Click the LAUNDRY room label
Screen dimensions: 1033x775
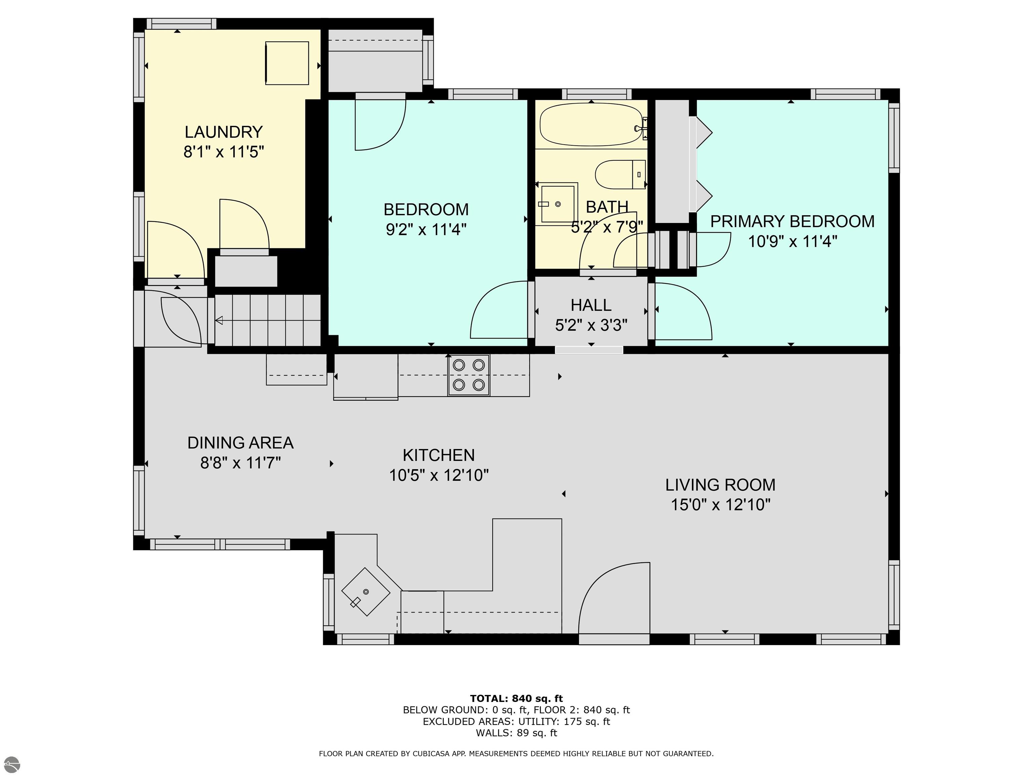coord(224,132)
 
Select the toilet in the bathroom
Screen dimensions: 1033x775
coord(620,175)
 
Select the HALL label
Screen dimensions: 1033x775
coord(591,305)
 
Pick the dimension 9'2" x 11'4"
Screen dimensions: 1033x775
coord(426,229)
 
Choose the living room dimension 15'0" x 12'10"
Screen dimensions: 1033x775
coord(720,505)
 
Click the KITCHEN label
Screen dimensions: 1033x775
coord(438,455)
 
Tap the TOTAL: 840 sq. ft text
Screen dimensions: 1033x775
coord(516,698)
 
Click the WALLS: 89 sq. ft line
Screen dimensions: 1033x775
coord(516,733)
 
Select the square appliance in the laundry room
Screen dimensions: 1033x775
coord(287,63)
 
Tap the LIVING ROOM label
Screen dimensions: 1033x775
coord(720,485)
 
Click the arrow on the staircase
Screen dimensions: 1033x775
coord(219,321)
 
